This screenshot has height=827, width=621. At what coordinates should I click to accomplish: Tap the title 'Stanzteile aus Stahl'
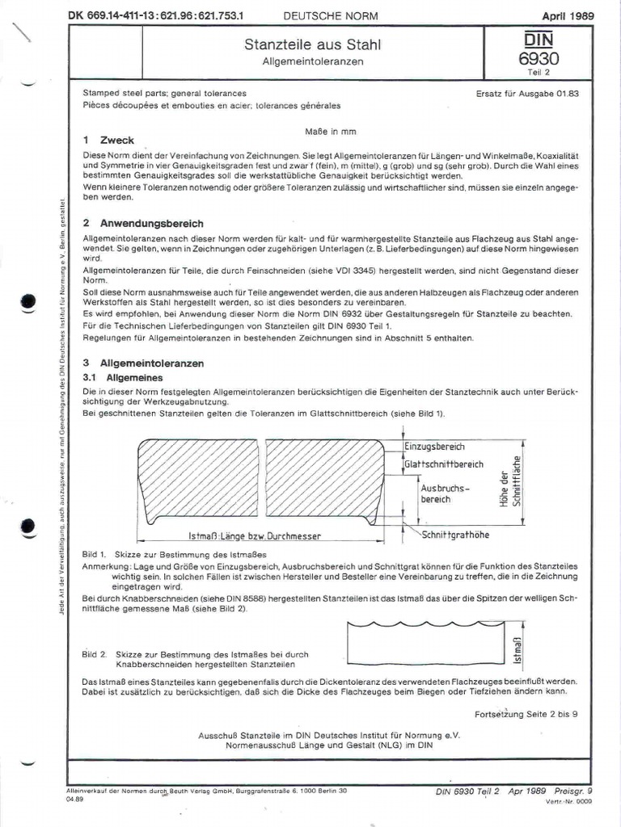click(311, 45)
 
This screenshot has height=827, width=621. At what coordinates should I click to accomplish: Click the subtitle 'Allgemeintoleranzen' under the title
click(311, 61)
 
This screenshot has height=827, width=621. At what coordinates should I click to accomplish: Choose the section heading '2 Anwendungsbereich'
click(143, 223)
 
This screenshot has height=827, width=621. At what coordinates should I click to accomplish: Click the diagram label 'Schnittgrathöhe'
click(454, 535)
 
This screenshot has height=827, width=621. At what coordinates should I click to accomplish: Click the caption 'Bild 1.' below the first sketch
click(95, 556)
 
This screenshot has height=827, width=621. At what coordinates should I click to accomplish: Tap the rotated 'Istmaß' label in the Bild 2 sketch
click(517, 648)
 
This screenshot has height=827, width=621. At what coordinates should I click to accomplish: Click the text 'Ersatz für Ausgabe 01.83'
click(527, 94)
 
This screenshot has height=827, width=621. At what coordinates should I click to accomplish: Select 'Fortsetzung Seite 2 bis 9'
click(526, 714)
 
